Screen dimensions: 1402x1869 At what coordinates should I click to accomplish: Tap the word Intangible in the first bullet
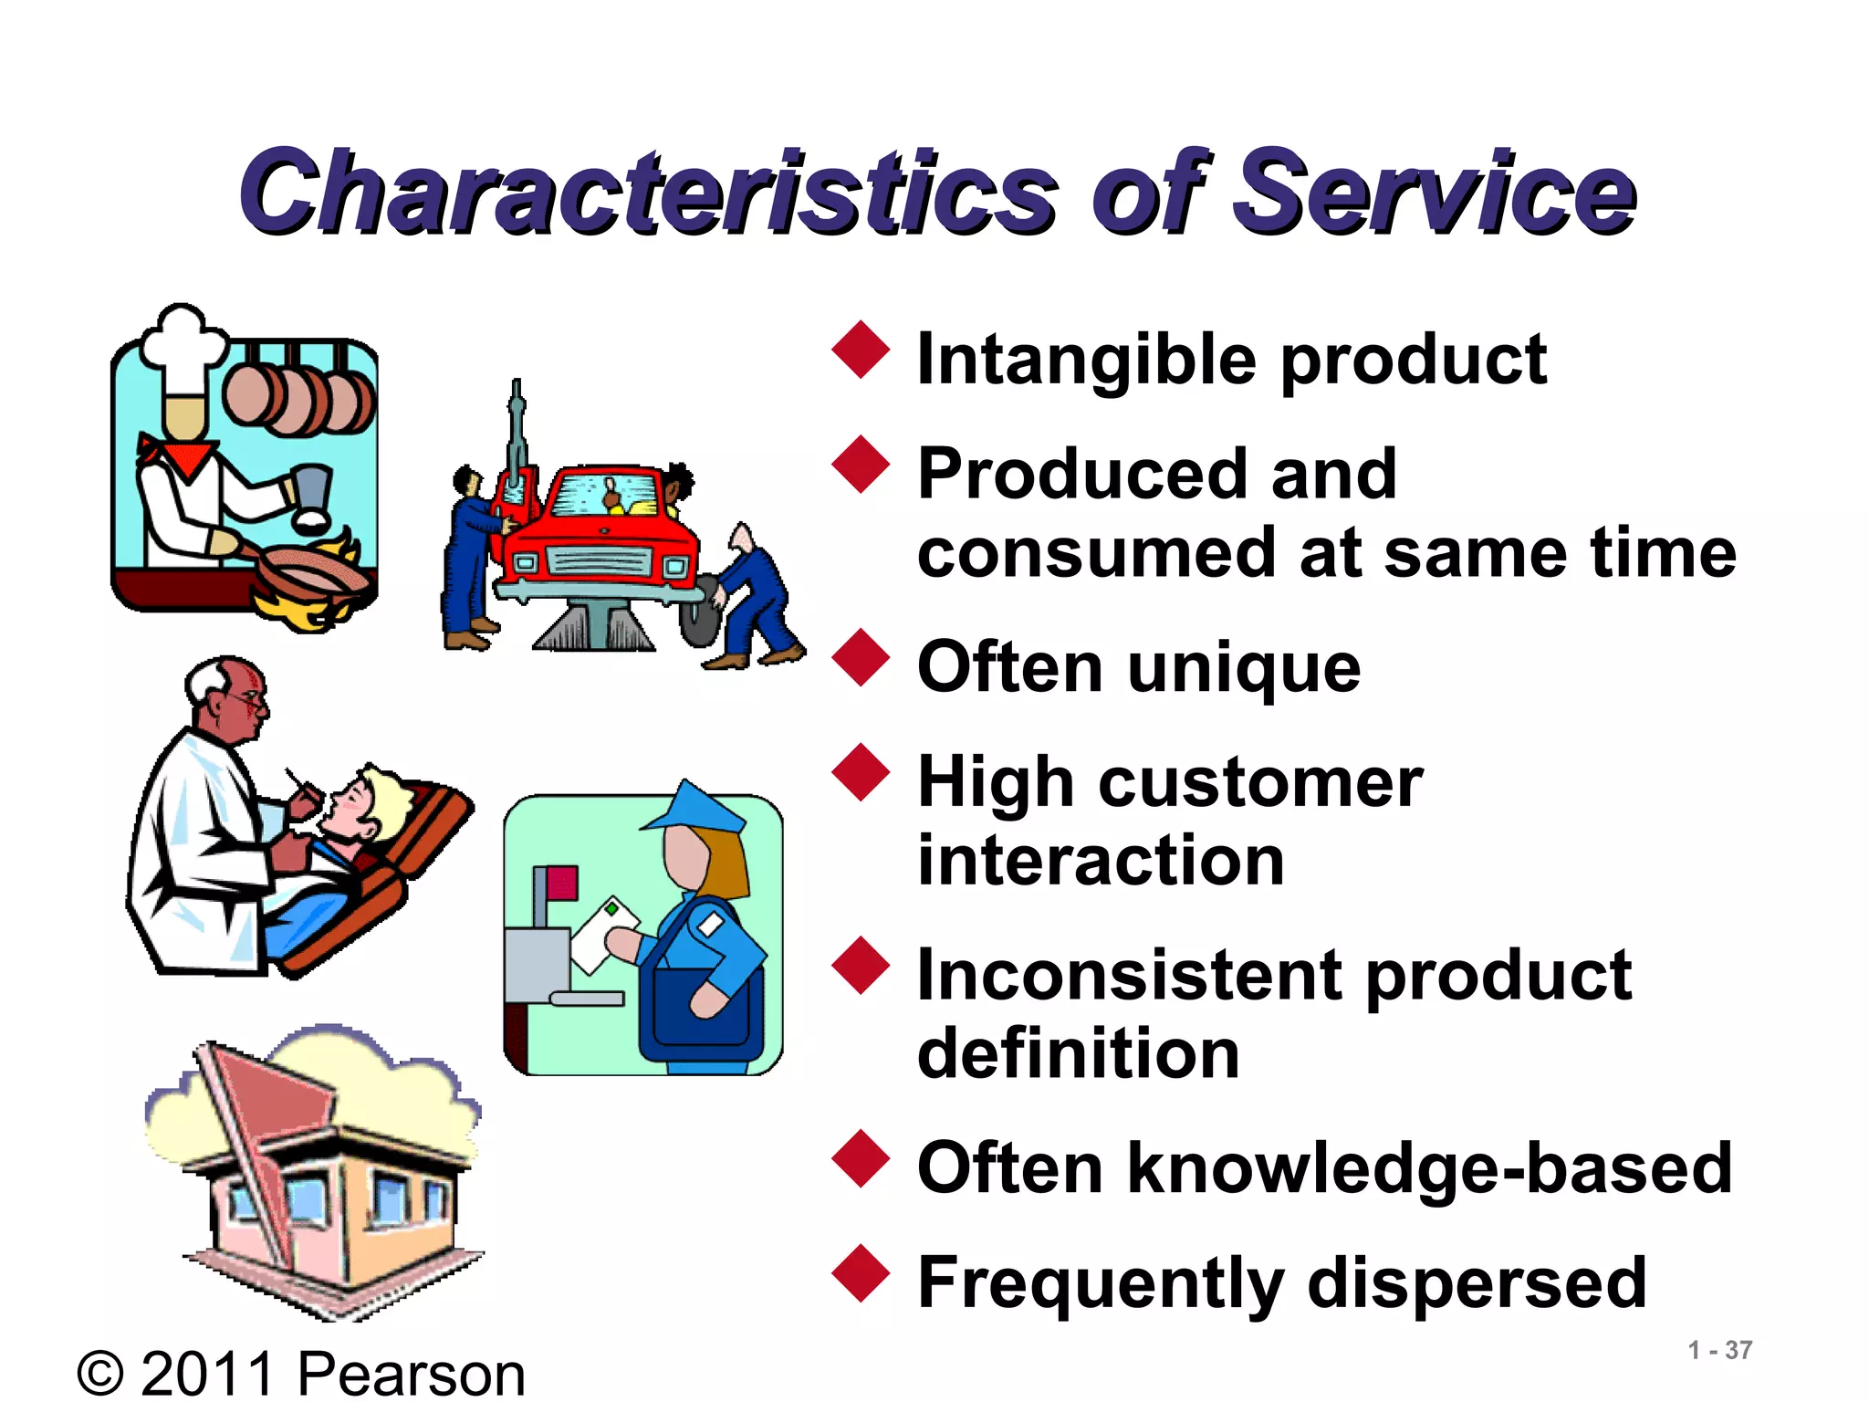coord(1086,361)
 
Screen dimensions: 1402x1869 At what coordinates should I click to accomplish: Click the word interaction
coord(1101,861)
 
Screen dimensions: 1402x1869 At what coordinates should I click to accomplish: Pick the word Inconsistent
coord(1128,976)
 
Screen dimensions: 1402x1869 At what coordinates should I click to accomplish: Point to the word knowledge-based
coord(1429,1168)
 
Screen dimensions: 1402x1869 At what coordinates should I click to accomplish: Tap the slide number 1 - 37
coord(1719,1350)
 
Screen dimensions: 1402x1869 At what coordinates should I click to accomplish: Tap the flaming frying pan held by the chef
coord(310,575)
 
